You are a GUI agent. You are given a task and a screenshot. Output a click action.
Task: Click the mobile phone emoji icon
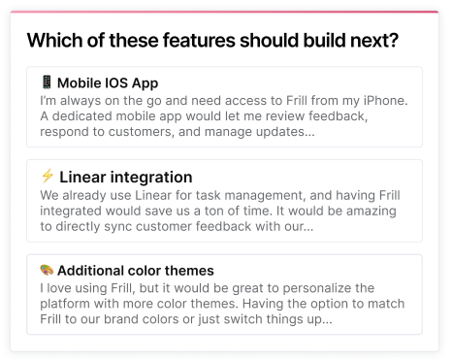coord(47,82)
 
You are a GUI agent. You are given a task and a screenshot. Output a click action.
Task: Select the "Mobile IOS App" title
coord(107,83)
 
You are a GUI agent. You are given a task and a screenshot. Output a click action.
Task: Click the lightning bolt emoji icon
coord(47,177)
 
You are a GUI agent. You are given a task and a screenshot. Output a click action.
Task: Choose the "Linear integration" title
coord(125,178)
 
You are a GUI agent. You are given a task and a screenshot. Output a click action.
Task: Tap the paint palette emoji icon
coord(47,270)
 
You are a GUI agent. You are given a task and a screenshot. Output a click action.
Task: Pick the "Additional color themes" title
coord(135,271)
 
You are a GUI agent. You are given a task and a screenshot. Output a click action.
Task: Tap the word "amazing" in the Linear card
coord(373,210)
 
